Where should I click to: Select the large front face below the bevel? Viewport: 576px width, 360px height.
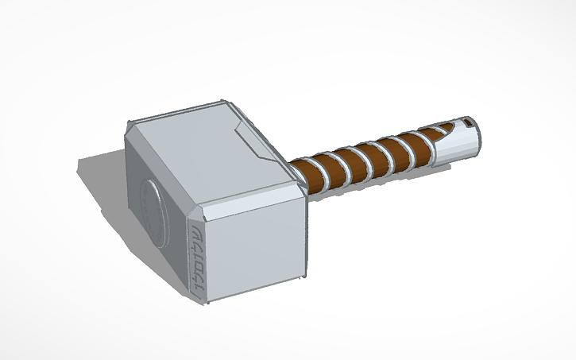point(253,242)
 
